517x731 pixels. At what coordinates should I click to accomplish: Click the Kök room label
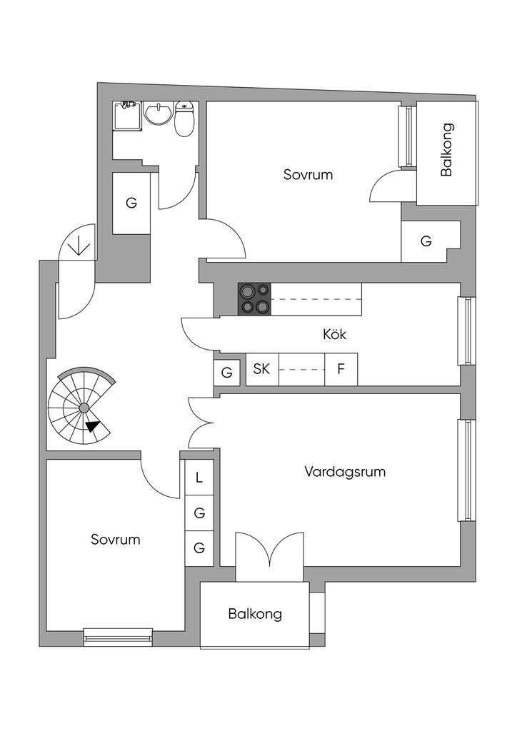tap(335, 333)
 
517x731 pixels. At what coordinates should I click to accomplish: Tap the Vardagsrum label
tap(345, 472)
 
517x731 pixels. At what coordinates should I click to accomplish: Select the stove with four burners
tap(255, 299)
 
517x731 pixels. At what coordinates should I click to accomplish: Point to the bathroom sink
tap(157, 114)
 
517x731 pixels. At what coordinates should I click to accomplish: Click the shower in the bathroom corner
tap(127, 116)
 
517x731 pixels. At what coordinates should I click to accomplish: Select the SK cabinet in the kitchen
tap(262, 370)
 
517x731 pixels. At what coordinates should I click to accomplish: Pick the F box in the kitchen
tap(341, 370)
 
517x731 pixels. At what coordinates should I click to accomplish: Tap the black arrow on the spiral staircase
tap(92, 426)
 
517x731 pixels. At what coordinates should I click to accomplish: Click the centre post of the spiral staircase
tap(84, 408)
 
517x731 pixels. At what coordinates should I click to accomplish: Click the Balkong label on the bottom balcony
tap(255, 614)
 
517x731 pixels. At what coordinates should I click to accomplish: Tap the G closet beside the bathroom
tap(131, 203)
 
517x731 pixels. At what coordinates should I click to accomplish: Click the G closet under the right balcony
tap(426, 241)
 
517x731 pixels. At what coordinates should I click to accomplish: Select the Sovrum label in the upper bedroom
tap(308, 174)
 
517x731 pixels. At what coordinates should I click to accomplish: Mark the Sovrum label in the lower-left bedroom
tap(115, 540)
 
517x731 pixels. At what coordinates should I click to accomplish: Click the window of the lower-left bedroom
tap(118, 635)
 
